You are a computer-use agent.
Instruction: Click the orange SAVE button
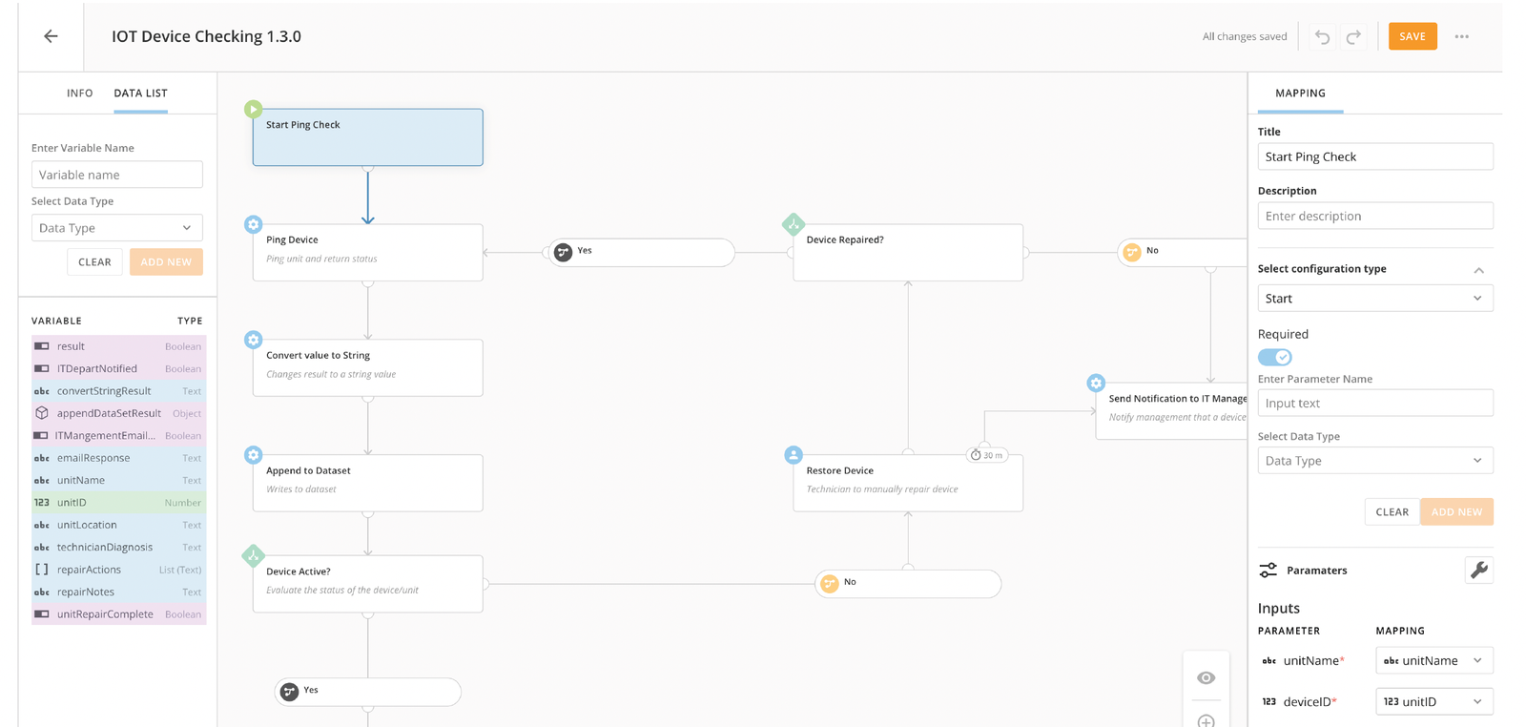coord(1413,36)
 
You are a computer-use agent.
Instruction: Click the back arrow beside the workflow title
coord(52,36)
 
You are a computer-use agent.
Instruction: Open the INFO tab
coord(80,93)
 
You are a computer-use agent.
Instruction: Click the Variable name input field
coord(117,175)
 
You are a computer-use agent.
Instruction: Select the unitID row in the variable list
coord(118,502)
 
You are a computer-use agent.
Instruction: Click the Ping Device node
coord(368,252)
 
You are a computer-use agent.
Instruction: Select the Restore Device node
coord(907,483)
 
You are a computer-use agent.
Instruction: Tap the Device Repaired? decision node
coord(907,252)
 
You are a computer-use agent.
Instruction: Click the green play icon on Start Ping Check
coord(253,109)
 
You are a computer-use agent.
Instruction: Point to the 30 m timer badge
coord(986,454)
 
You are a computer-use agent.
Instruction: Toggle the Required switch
coord(1274,357)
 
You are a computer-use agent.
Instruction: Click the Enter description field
coord(1375,216)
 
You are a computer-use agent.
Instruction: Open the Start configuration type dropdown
coord(1375,299)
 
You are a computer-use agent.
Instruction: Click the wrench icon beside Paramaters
coord(1479,570)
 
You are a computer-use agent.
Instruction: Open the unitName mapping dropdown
coord(1434,660)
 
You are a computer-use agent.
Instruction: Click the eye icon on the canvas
coord(1206,678)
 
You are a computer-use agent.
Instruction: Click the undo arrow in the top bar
coord(1322,36)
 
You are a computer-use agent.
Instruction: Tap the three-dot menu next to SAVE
coord(1462,36)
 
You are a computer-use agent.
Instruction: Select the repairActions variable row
coord(118,570)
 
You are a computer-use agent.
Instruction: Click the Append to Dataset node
coord(368,483)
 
